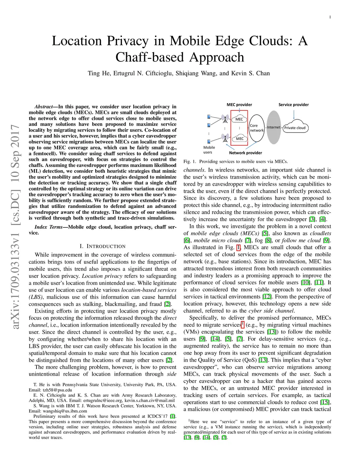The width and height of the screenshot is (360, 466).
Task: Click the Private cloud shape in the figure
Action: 295,128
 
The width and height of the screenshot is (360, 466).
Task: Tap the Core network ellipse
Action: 257,128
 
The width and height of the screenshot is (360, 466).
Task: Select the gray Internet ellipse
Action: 274,127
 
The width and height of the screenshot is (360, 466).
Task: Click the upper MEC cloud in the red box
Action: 239,119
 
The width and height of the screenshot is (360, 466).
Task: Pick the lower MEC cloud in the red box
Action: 239,139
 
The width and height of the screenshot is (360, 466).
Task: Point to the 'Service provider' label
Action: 294,105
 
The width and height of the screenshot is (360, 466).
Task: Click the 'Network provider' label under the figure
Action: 245,153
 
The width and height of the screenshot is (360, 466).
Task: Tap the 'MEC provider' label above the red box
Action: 239,105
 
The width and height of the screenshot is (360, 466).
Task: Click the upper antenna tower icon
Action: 224,119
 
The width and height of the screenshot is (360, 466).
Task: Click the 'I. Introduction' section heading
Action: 102,246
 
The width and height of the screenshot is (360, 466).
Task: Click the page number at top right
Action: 330,17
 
